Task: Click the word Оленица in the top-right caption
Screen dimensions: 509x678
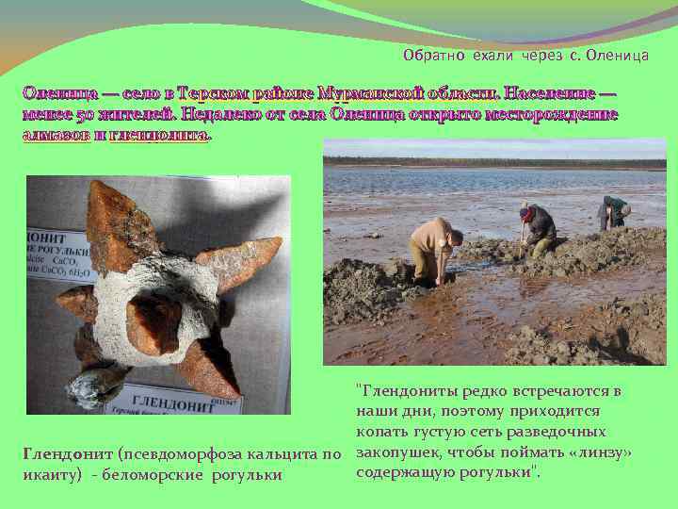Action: click(x=617, y=56)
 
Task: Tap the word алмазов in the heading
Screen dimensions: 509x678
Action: click(x=55, y=135)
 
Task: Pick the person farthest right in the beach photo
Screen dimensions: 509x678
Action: click(x=614, y=211)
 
